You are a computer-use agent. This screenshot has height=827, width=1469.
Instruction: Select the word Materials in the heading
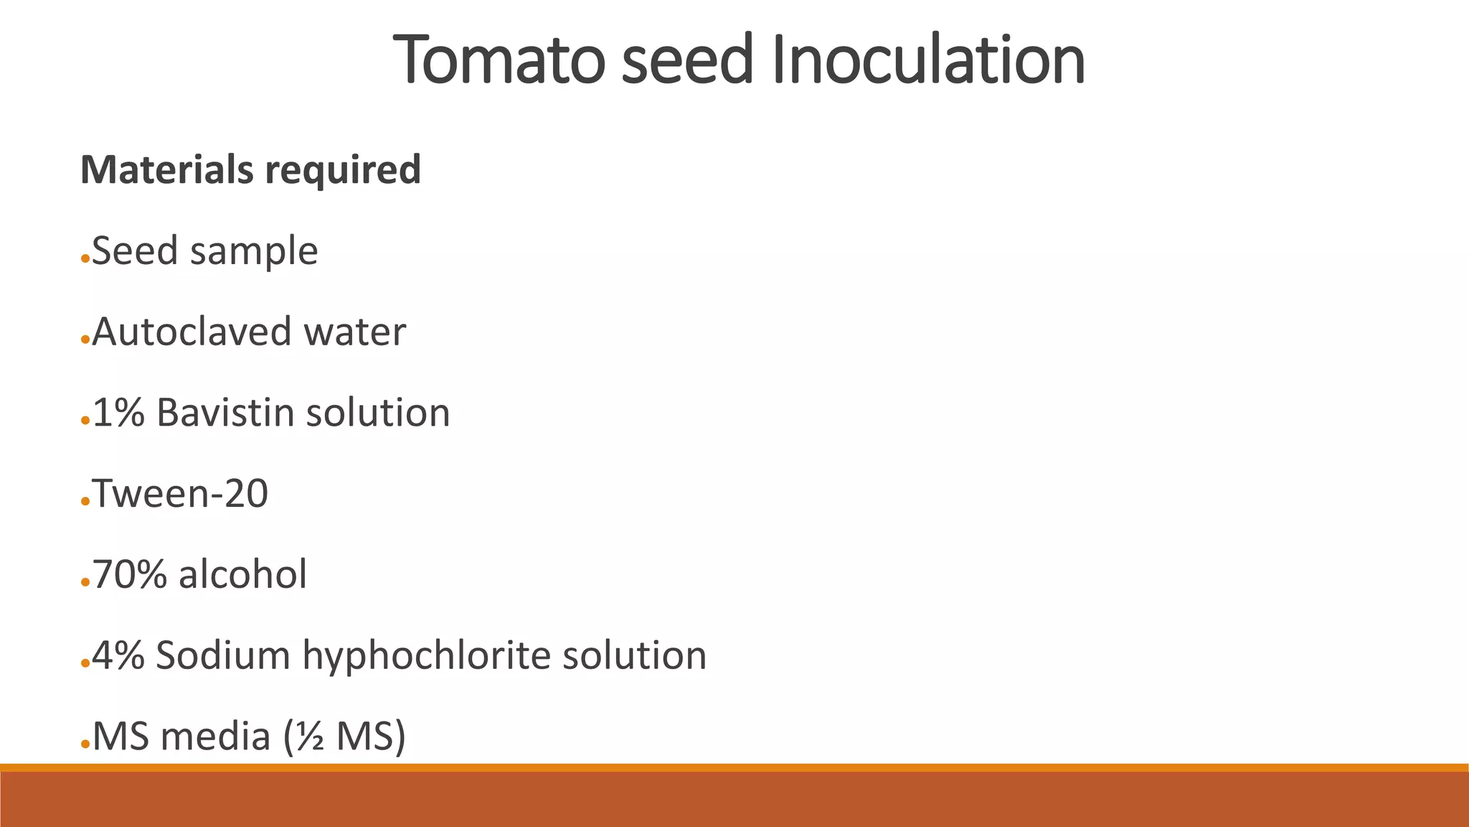[166, 169]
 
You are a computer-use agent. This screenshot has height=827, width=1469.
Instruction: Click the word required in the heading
[343, 171]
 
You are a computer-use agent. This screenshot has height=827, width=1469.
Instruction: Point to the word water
[354, 332]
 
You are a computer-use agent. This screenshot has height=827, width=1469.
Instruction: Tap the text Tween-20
[180, 494]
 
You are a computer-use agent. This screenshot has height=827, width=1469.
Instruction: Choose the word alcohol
[242, 574]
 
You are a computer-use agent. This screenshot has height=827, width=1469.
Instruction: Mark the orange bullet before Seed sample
[85, 258]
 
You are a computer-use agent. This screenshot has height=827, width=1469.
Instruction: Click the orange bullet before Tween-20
[85, 501]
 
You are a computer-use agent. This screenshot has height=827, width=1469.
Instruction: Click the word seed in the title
[687, 60]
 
